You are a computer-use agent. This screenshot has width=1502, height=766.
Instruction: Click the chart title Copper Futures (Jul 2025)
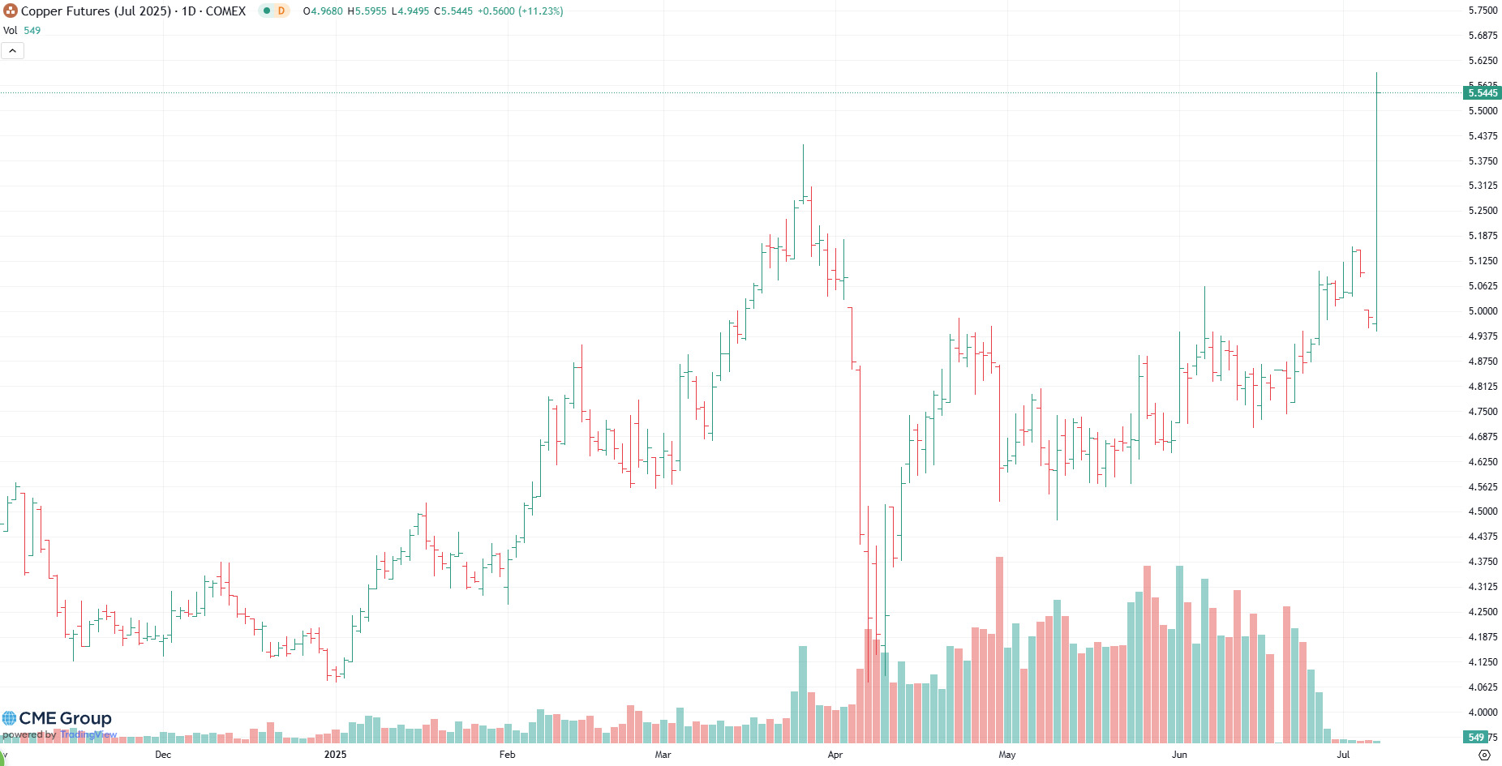coord(96,11)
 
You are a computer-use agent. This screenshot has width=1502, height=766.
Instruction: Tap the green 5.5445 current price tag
coord(1483,93)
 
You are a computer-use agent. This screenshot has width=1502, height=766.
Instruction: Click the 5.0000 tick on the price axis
coord(1483,311)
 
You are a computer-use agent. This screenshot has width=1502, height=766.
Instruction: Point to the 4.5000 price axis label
coord(1483,511)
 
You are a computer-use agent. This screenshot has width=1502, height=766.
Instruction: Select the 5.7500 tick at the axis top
coord(1483,11)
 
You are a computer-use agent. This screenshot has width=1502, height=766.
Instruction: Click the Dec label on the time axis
coord(163,755)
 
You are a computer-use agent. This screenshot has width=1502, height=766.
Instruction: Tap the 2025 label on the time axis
coord(335,755)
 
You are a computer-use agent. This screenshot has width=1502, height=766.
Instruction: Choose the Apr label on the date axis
coord(835,755)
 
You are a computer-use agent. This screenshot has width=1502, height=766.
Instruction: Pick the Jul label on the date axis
coord(1343,755)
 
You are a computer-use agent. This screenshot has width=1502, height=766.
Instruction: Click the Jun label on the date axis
coord(1179,755)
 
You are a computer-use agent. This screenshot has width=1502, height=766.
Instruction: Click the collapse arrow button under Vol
coord(13,51)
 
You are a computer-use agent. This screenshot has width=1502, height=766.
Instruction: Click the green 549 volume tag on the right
coord(1475,738)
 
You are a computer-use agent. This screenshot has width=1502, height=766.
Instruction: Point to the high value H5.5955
coord(367,11)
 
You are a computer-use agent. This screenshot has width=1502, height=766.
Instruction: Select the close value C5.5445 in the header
coord(453,11)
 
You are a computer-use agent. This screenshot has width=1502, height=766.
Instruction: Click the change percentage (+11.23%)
coord(541,11)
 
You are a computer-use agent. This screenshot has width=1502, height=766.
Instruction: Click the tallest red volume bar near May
coord(999,648)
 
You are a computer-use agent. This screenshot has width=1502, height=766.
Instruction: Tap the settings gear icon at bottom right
coord(1484,755)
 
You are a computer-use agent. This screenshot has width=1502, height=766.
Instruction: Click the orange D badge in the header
coord(281,11)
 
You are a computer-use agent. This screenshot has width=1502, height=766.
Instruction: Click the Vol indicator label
coord(11,31)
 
